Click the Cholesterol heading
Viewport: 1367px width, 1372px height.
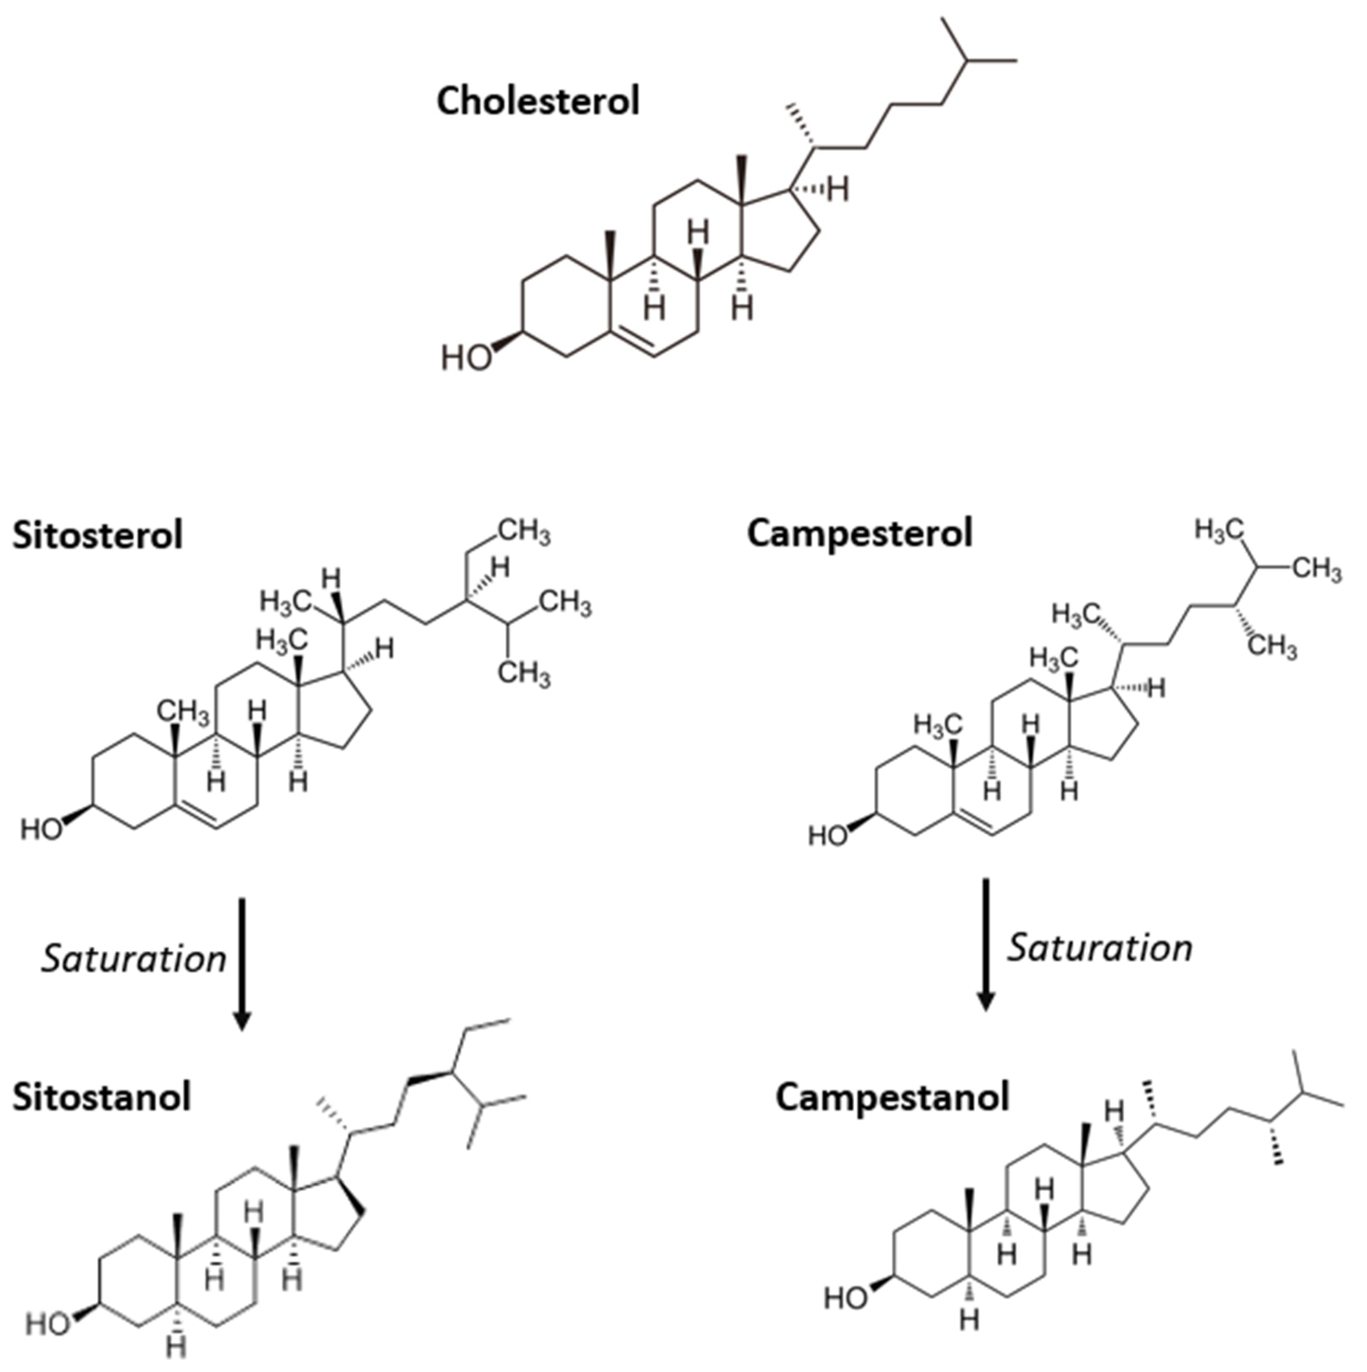click(538, 101)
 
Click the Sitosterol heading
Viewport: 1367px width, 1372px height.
click(98, 535)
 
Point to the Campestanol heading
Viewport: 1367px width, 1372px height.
click(892, 1097)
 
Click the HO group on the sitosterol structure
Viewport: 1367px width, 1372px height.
click(41, 829)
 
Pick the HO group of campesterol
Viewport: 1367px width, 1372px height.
click(828, 836)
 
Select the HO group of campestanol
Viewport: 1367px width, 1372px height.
click(845, 1298)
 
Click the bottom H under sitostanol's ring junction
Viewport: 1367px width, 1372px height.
click(177, 1347)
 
